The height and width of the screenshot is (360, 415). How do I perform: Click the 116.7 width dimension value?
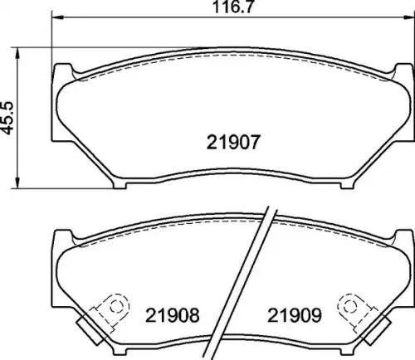coord(232,7)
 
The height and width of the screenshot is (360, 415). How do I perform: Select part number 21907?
coord(233,142)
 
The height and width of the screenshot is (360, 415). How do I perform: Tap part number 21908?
coord(172,315)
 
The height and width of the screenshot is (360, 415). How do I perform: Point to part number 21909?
coord(295,315)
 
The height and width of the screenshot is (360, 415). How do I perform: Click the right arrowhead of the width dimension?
coord(408,17)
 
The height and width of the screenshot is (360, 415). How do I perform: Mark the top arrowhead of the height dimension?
coord(17,53)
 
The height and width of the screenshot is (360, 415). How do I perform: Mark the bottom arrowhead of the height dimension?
coord(17,183)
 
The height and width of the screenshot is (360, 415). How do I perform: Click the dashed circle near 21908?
coord(115,306)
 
